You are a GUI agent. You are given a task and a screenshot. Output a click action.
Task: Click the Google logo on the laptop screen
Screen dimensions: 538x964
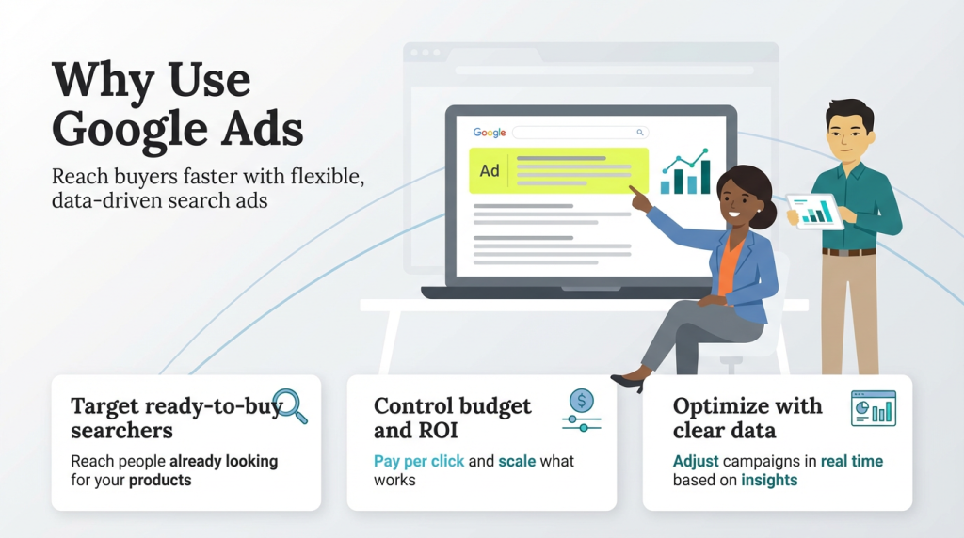point(490,133)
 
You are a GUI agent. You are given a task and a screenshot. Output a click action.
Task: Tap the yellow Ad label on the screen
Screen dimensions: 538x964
point(490,170)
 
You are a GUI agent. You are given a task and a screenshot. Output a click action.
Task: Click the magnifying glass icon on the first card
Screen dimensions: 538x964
point(290,405)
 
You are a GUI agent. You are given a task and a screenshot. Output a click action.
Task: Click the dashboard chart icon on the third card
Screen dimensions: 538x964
point(873,409)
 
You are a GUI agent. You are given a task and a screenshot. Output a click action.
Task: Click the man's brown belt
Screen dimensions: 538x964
point(848,251)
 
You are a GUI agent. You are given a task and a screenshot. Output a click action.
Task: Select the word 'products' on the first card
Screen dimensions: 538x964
point(160,480)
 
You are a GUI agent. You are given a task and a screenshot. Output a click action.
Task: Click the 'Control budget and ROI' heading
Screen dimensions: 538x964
point(452,419)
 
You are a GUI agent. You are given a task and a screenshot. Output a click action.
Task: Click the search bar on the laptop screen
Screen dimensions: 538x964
point(580,133)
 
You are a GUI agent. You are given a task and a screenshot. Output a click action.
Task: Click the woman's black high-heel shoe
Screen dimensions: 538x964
point(628,382)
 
